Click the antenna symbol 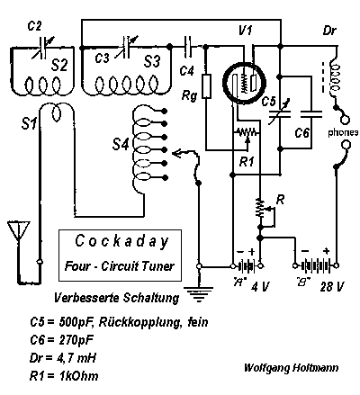coord(19,230)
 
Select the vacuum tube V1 coord(244,82)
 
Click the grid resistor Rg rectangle coord(206,86)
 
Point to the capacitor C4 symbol coord(188,47)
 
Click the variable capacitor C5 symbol coord(279,113)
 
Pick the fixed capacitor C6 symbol coord(311,113)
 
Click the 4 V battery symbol coord(247,265)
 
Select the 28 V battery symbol coord(316,265)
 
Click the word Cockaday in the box coord(121,241)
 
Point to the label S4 coord(121,144)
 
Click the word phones coord(343,132)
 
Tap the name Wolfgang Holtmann coord(291,368)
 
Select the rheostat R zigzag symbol coord(260,209)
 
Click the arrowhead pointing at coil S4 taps coord(177,154)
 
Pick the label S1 coord(29,123)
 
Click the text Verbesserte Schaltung coord(116,298)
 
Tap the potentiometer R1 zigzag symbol coord(247,131)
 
